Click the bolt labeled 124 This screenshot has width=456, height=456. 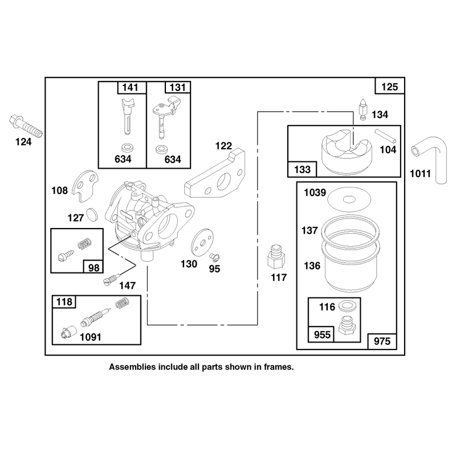[26, 127]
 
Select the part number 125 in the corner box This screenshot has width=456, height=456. [389, 87]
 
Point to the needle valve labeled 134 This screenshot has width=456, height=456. [363, 109]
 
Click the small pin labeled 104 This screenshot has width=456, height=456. [385, 136]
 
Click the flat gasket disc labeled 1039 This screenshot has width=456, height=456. [349, 199]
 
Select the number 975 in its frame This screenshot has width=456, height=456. [382, 341]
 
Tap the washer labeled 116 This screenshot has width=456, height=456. [348, 306]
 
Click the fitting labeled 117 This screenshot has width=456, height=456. [276, 257]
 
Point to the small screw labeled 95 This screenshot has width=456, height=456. [214, 257]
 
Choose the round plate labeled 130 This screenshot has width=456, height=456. [202, 242]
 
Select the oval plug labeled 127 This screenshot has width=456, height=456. [92, 215]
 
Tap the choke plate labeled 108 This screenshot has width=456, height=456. [84, 186]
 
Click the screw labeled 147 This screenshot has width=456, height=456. [111, 279]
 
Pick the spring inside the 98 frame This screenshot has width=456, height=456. [85, 243]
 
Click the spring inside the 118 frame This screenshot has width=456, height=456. [122, 303]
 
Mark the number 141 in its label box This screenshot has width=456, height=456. [131, 87]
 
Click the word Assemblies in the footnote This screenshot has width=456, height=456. [132, 367]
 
